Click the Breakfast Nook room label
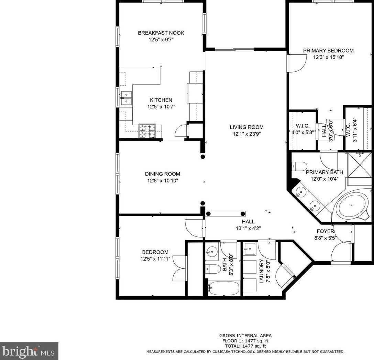point(161,33)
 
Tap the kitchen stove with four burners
point(147,131)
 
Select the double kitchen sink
point(126,97)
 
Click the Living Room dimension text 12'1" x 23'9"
point(246,134)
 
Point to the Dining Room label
point(162,174)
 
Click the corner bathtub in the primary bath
point(351,206)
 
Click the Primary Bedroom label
point(328,51)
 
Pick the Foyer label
point(326,231)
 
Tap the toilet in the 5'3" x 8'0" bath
point(213,268)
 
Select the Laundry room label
point(261,271)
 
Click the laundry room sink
point(249,248)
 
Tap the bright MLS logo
point(29,351)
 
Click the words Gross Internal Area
point(245,336)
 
